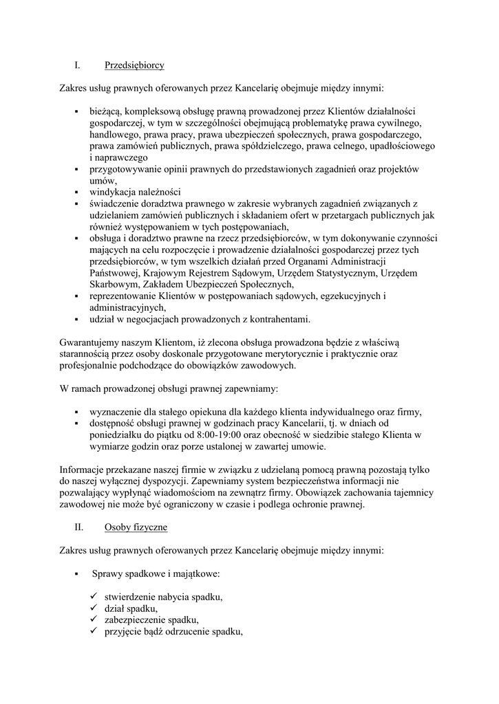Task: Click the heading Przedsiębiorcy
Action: [134, 66]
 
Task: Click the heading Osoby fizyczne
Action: [136, 528]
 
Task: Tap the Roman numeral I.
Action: [77, 66]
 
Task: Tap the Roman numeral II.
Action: [78, 528]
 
